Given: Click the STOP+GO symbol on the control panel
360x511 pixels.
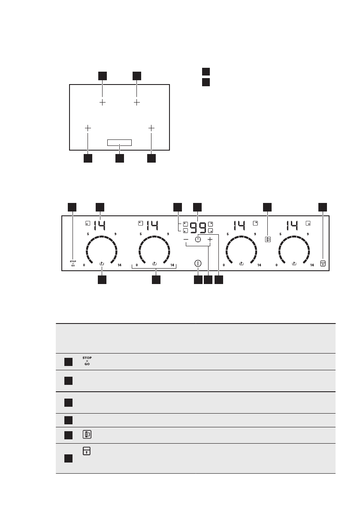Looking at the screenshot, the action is tap(73, 263).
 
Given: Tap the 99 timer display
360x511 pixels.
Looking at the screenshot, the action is tap(198, 227).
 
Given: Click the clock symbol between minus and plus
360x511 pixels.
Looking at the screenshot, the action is tap(198, 239).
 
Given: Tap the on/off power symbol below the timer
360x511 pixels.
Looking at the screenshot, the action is tap(198, 263).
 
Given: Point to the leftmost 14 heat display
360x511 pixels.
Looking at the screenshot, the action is tap(100, 225).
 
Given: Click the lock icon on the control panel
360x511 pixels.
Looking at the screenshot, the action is tap(268, 240).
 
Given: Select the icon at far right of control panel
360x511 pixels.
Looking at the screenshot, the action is tap(322, 263).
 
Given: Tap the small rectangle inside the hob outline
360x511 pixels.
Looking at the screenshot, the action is tap(119, 142).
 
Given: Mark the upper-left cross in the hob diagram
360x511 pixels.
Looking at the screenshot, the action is tap(103, 103).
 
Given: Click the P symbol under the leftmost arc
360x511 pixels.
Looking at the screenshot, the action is tap(102, 264).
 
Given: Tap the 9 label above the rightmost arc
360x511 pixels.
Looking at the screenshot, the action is tap(308, 234).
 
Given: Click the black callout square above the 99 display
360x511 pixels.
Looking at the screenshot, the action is tap(198, 207).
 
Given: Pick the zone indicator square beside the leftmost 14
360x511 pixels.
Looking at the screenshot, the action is tap(88, 223).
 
